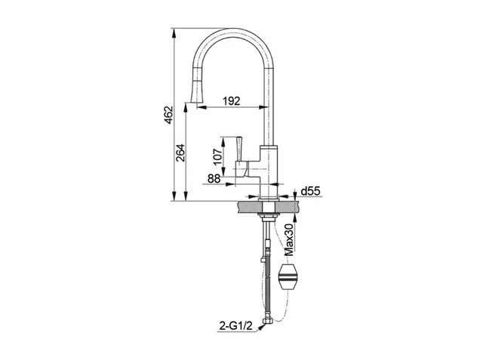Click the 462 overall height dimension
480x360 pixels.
(168, 115)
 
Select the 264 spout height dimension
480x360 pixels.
(180, 152)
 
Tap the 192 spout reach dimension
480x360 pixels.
(232, 100)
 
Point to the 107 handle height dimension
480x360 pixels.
(217, 157)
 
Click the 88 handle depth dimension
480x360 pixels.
(214, 178)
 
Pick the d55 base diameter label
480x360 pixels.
(310, 192)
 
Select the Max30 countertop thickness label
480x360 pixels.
(289, 239)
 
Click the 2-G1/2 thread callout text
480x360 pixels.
(235, 326)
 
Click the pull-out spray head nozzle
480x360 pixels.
(196, 91)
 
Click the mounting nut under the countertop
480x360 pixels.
(269, 217)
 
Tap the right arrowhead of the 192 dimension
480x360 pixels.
(264, 107)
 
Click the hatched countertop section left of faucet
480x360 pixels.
(248, 207)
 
